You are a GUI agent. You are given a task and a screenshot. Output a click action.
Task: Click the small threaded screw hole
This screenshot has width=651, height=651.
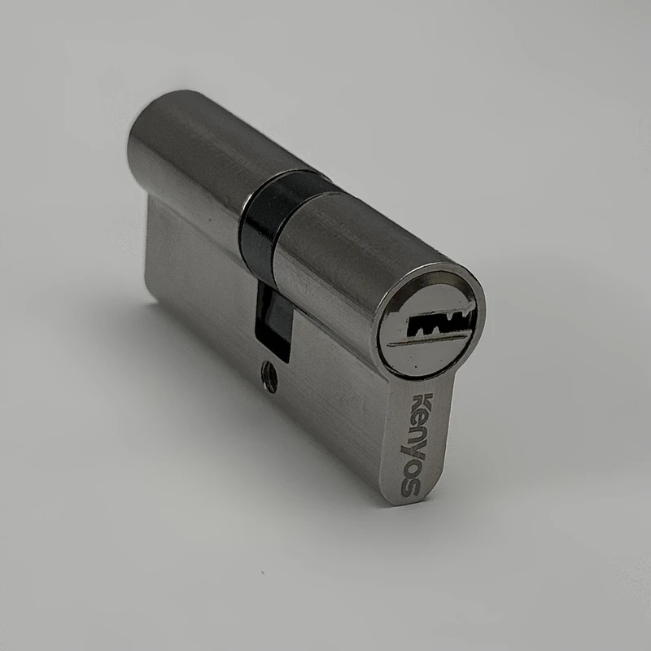click(269, 376)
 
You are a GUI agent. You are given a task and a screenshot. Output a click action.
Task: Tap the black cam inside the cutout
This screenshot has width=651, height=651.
click(274, 319)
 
